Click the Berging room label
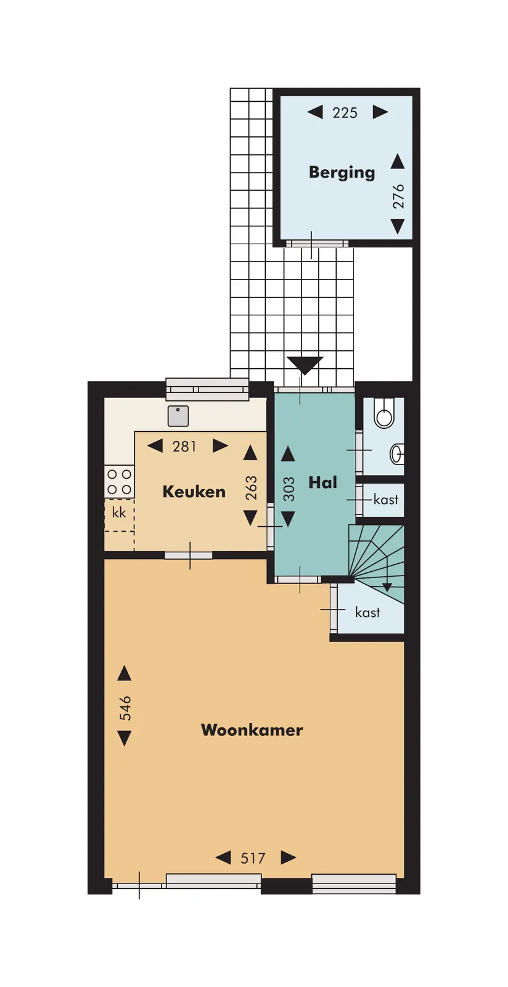click(342, 172)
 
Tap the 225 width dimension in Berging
click(345, 113)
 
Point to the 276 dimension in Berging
click(398, 196)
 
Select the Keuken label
click(194, 491)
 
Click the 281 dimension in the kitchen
click(184, 447)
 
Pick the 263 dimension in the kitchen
click(251, 488)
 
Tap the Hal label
click(322, 482)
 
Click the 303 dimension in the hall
click(289, 489)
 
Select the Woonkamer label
click(252, 730)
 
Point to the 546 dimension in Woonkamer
click(125, 708)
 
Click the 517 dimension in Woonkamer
click(253, 858)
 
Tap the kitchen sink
click(178, 416)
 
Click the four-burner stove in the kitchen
click(120, 482)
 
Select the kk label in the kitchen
click(119, 513)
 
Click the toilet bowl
click(384, 415)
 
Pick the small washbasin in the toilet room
click(397, 454)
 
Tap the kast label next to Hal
click(385, 499)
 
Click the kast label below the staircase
click(367, 612)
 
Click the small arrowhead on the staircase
click(387, 587)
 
